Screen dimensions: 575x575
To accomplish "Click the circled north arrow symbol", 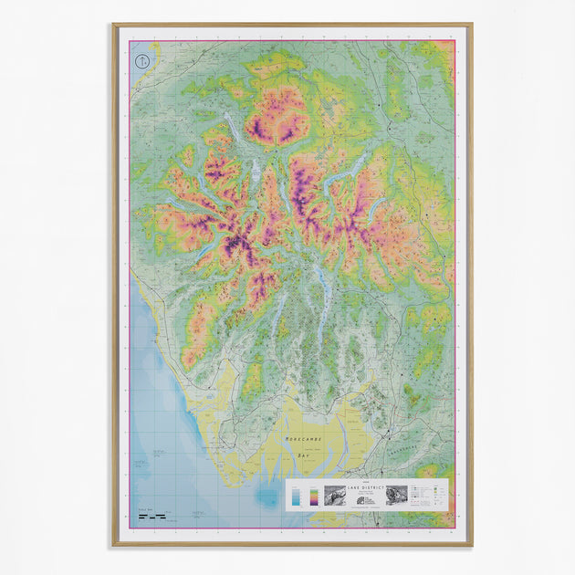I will point(141,62).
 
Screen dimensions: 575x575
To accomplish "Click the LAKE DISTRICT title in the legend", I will point(366,490).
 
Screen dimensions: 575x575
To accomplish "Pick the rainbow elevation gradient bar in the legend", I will point(314,496).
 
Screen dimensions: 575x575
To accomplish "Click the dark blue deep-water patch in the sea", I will point(267,497).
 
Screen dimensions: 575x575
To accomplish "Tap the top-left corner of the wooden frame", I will point(114,26).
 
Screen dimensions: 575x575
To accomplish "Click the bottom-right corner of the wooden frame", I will point(471,545).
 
